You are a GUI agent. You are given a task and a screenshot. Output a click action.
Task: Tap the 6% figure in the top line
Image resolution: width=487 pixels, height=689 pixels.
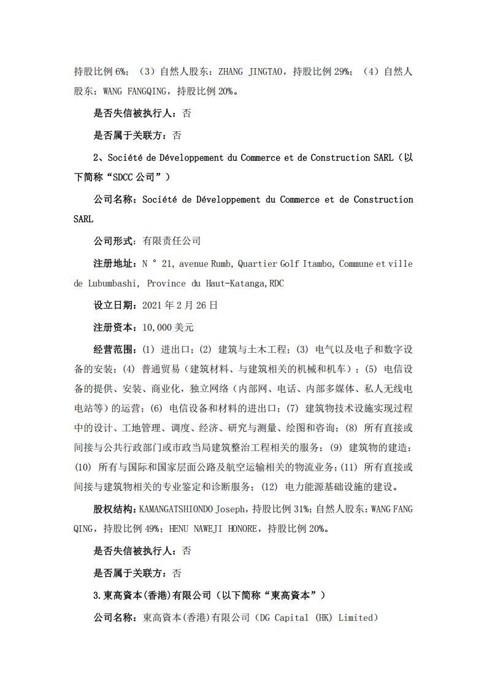tap(122, 72)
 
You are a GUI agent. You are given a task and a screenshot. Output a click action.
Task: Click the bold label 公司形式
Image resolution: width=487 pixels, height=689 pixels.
tap(115, 241)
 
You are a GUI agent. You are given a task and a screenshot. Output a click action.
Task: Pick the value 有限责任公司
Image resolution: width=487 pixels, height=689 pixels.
tap(171, 241)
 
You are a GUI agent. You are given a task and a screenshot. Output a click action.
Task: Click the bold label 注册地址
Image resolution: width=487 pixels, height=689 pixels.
tap(115, 264)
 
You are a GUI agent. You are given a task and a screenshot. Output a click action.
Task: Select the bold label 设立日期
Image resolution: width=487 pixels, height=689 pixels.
tap(115, 305)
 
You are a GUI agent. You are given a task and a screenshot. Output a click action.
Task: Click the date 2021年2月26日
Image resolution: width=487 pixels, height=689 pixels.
tap(180, 305)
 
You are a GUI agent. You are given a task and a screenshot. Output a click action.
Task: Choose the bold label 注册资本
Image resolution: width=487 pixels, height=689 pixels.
tap(115, 327)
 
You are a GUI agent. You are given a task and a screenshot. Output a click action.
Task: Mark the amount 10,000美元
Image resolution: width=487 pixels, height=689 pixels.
tap(168, 327)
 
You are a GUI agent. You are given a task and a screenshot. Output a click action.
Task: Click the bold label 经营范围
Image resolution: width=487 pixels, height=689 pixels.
tap(115, 349)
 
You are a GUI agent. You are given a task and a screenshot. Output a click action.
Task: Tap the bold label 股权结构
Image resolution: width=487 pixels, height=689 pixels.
tap(115, 509)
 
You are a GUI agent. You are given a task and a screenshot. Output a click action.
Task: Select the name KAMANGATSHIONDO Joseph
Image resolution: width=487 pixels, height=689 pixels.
tap(191, 509)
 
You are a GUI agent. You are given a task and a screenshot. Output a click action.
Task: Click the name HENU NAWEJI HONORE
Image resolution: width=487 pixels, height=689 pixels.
tap(213, 528)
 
